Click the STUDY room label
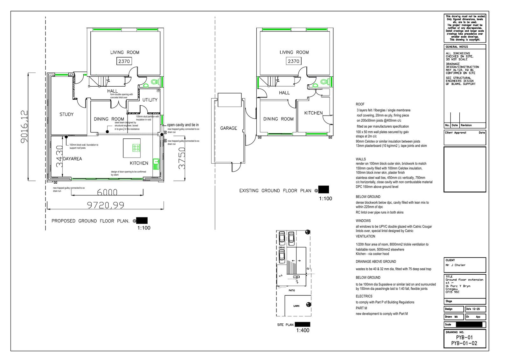(x=66, y=114)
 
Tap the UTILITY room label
(x=150, y=100)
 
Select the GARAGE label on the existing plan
(x=229, y=128)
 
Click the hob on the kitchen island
(x=136, y=148)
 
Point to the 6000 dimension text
(x=107, y=192)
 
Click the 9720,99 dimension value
(x=105, y=205)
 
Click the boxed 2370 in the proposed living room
(x=124, y=61)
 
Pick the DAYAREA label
(x=72, y=159)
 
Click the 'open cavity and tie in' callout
(x=183, y=125)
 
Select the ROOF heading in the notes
(x=360, y=104)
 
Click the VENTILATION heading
(x=365, y=236)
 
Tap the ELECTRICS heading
(x=364, y=296)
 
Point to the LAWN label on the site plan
(x=296, y=306)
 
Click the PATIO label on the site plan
(x=292, y=290)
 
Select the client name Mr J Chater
(x=455, y=265)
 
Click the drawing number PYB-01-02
(x=464, y=343)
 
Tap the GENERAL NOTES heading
(x=457, y=47)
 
